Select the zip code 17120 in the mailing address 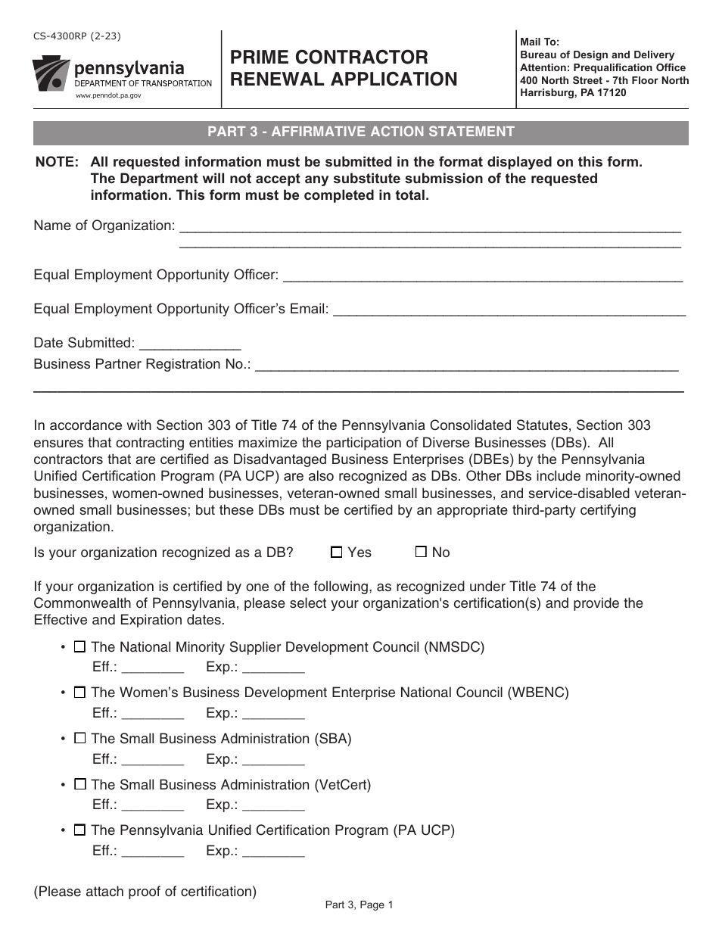611,92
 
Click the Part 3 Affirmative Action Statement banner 361,132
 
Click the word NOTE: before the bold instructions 57,162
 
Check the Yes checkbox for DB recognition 337,553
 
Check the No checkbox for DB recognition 422,553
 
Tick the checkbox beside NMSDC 79,647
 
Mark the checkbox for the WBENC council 79,693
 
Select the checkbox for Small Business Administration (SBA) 79,738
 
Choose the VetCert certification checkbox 79,785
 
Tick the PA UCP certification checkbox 79,830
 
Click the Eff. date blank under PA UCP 152,852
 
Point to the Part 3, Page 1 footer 359,905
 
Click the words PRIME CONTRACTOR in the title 329,58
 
